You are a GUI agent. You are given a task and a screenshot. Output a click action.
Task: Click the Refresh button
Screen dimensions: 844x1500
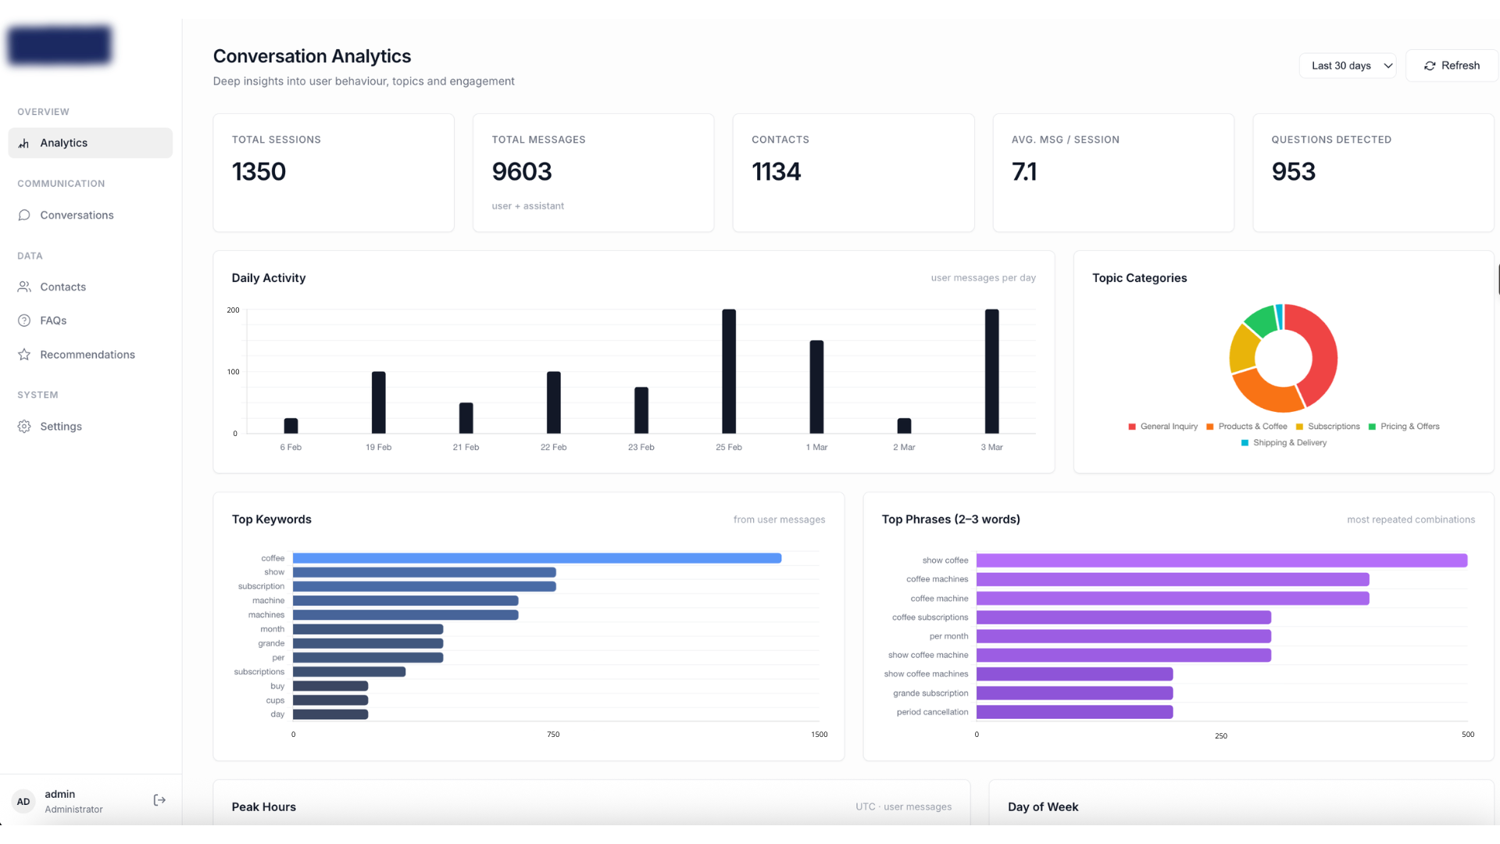coord(1452,66)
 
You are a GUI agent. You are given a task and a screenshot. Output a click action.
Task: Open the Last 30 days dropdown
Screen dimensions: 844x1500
coord(1348,66)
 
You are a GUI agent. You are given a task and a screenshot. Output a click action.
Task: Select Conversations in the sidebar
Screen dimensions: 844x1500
coord(77,215)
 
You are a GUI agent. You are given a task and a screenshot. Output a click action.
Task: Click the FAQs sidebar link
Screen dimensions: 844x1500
coord(53,320)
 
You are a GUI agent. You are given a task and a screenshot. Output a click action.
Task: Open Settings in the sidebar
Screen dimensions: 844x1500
coord(61,426)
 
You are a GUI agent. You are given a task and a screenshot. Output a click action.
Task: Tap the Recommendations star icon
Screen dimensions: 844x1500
coord(24,355)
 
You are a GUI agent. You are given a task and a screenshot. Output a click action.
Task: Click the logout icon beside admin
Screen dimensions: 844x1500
coord(159,800)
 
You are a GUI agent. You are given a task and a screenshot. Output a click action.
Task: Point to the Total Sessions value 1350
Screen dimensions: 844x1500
coord(259,172)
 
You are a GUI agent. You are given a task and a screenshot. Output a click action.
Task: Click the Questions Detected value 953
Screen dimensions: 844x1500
coord(1293,172)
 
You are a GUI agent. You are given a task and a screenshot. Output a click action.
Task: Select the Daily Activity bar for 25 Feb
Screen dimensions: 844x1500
coord(728,371)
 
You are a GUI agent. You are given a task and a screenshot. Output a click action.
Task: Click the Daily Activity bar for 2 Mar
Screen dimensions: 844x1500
coord(904,426)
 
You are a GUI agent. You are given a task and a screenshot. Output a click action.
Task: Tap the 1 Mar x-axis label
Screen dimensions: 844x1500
coord(816,447)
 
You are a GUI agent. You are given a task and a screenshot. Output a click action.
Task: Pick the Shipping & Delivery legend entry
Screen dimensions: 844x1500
coord(1289,443)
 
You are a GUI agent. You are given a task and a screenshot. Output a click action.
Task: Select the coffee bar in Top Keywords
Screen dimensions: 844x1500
coord(537,558)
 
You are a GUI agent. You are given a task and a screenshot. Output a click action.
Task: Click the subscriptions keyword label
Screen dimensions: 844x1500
coord(259,672)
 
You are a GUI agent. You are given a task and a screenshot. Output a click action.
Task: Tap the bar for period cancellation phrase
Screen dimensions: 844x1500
coord(1074,712)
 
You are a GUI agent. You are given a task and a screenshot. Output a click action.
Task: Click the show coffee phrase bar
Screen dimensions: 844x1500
coord(1221,560)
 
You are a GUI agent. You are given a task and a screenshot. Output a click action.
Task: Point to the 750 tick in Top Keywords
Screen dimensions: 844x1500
coord(553,735)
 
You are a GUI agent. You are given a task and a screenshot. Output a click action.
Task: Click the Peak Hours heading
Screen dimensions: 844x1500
coord(263,807)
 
